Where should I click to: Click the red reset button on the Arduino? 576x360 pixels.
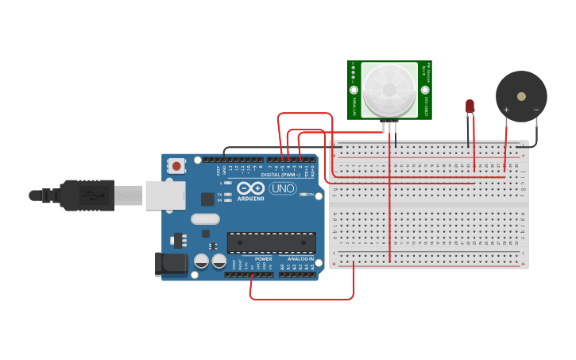176,166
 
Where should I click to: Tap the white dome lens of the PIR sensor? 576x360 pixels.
389,89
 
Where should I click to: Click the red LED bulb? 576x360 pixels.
470,105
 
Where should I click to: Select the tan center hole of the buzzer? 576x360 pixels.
521,96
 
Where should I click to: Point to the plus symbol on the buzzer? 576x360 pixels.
506,110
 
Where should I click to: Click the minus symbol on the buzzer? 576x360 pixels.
536,110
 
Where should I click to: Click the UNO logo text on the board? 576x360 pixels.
283,188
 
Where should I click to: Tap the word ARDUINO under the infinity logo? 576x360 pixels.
250,198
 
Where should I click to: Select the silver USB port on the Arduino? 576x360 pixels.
164,195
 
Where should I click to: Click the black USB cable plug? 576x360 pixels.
91,195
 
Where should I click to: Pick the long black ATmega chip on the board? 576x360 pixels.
271,242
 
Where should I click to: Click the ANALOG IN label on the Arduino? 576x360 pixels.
300,259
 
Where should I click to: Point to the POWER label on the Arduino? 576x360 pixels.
263,259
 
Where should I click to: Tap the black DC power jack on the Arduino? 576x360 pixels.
172,265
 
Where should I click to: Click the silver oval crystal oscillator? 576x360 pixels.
204,219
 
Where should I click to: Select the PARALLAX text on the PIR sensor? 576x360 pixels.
354,101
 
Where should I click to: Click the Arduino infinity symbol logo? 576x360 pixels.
250,188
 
